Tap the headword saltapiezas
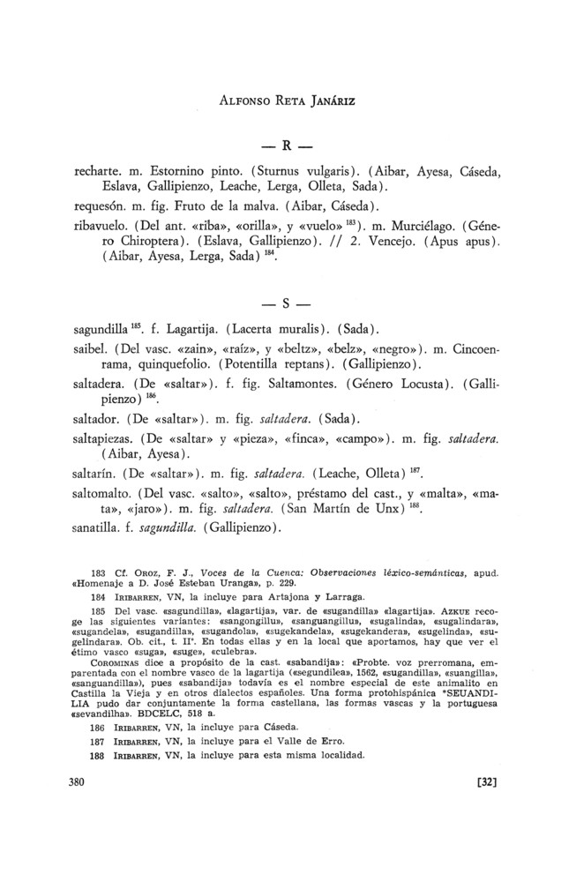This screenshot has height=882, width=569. click(107, 438)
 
